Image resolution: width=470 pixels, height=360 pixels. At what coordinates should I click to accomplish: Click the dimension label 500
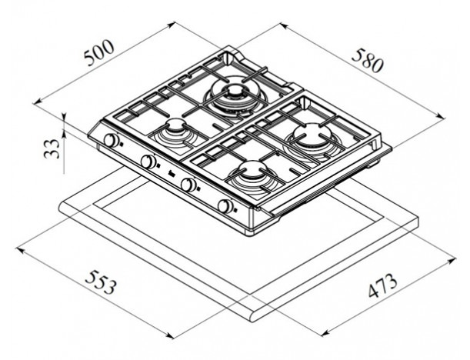point(99,53)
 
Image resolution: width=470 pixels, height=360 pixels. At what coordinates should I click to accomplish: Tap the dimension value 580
point(368,61)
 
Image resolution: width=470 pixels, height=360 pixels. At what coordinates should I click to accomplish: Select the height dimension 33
point(52,148)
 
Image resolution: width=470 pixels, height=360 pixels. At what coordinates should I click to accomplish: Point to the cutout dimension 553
point(100,282)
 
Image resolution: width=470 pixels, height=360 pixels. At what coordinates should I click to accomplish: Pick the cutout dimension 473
point(382,285)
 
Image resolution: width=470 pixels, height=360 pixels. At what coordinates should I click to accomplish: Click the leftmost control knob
point(112,140)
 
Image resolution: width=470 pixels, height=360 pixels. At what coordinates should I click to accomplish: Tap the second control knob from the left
point(148,162)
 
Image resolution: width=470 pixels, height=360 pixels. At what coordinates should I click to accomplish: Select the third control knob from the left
point(188,185)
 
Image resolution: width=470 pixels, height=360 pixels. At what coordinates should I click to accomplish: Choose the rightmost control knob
point(225,206)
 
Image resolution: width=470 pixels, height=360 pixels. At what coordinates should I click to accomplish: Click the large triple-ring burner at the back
point(235,95)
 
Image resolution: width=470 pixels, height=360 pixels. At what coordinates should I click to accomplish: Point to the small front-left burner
point(178,133)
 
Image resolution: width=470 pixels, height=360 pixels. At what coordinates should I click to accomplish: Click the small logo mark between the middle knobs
point(171,173)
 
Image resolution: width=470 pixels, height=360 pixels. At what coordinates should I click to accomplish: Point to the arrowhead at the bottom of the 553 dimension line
point(170,335)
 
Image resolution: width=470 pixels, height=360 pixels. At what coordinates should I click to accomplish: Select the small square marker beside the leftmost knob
point(121,144)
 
